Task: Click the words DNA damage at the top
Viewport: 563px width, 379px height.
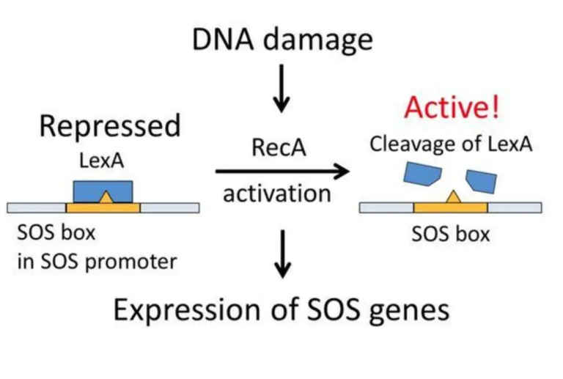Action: coord(282,39)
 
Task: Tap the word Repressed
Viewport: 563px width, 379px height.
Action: coord(109,126)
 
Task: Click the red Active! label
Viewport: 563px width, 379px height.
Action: coord(452,108)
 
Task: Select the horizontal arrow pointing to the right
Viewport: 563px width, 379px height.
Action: coord(281,172)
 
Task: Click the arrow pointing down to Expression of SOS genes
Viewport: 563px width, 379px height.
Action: coord(281,254)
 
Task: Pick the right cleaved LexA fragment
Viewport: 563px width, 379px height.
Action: coord(481,180)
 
